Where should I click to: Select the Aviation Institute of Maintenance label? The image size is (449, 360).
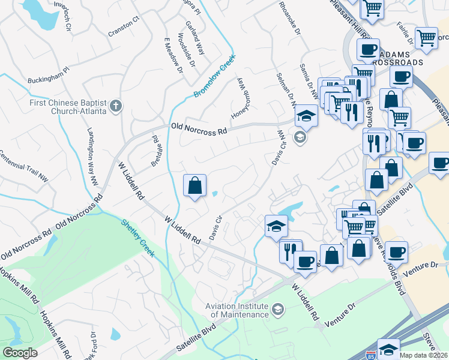237,310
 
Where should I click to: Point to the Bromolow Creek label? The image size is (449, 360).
213,80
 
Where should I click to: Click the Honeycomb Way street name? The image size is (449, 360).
238,98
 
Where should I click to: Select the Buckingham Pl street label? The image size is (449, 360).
49,80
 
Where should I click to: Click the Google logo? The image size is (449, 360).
20,353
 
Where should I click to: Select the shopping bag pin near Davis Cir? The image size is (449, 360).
194,186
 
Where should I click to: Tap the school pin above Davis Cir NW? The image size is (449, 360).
306,116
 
